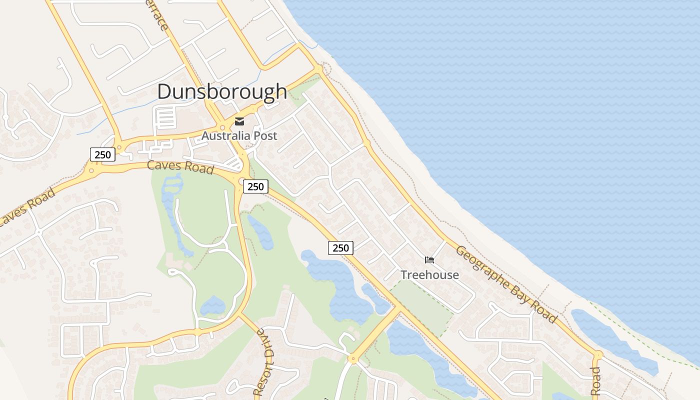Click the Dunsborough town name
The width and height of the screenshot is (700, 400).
[222, 91]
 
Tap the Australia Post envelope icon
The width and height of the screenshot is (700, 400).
[239, 121]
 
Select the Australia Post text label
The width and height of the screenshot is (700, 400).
[239, 135]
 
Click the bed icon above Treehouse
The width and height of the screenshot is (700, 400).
[429, 260]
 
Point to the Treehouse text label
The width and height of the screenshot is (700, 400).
[429, 274]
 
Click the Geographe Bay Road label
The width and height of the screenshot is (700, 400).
[506, 283]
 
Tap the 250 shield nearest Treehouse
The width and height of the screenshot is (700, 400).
[340, 247]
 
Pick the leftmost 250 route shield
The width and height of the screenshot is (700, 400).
[102, 154]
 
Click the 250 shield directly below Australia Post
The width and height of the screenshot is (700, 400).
[255, 186]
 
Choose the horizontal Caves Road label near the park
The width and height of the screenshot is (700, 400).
[180, 166]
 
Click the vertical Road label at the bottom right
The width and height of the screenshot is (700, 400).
[595, 381]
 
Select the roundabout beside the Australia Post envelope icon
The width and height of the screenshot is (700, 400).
[222, 127]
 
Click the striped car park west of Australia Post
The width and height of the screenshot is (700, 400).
[165, 118]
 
